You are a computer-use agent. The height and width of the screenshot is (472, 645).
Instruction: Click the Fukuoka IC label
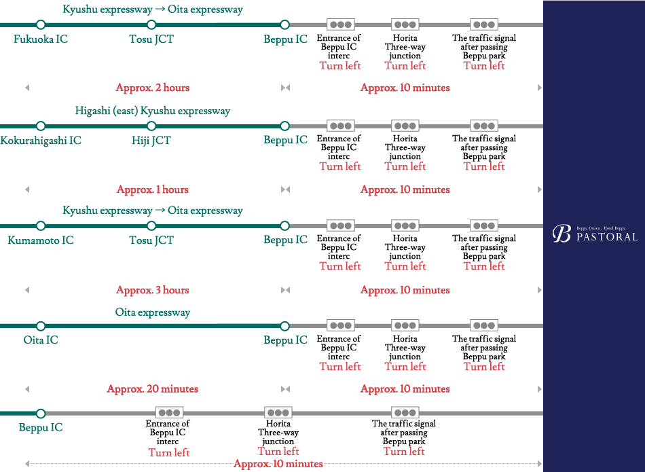coord(41,39)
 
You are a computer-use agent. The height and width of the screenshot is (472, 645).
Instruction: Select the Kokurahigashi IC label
coord(41,141)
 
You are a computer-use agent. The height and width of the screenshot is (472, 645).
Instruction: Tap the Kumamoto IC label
coord(41,240)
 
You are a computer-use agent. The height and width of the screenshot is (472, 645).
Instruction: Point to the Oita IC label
coord(41,340)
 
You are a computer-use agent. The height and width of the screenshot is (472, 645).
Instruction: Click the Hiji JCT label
coord(151,141)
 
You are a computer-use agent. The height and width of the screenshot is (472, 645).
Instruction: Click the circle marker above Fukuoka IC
coord(41,25)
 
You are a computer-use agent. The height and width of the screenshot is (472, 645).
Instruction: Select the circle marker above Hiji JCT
coord(151,126)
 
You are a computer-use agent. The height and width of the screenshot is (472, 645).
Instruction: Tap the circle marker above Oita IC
coord(41,326)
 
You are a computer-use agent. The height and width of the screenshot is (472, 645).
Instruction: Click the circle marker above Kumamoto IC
coord(41,225)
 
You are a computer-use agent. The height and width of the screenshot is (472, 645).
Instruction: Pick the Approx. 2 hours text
coord(153,88)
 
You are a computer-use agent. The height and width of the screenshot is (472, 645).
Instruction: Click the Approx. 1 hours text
coord(153,189)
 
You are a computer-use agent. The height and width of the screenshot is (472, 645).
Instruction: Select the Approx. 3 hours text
coord(153,290)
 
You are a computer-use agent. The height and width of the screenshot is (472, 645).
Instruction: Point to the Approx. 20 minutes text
coord(153,389)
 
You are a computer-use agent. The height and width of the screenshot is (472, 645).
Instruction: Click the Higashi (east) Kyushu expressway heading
coord(153,111)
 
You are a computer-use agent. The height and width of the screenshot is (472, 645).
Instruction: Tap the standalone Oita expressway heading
coord(153,312)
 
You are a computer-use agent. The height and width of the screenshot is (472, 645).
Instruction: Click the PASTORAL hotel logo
coord(595,234)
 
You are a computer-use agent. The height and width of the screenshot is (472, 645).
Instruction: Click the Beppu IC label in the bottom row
coord(41,428)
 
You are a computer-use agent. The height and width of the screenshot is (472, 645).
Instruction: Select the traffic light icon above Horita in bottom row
coord(278,412)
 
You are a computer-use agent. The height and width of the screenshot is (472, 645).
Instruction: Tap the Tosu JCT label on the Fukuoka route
coord(151,39)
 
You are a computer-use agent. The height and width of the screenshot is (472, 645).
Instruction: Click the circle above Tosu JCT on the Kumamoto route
coord(151,225)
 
